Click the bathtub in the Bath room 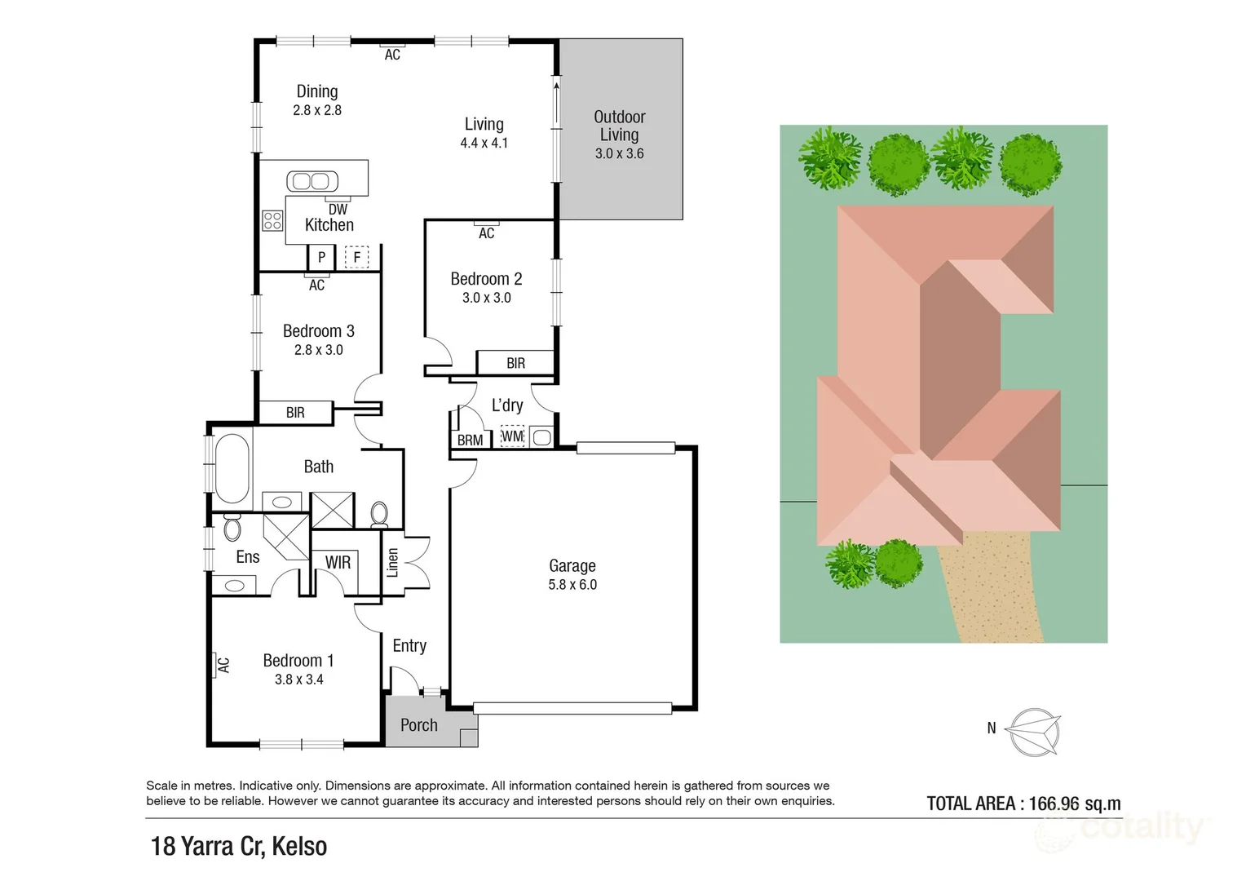pyautogui.click(x=232, y=469)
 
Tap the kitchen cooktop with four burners pyautogui.click(x=272, y=220)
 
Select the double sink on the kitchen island pyautogui.click(x=312, y=181)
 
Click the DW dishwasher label pyautogui.click(x=338, y=210)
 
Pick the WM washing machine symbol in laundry pyautogui.click(x=512, y=436)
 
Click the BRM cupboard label pyautogui.click(x=470, y=440)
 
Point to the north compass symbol pyautogui.click(x=1033, y=731)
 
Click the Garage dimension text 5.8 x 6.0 pyautogui.click(x=572, y=585)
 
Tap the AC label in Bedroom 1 pyautogui.click(x=223, y=666)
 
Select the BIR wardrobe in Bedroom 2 pyautogui.click(x=515, y=363)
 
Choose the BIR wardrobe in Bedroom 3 pyautogui.click(x=295, y=413)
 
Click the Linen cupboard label pyautogui.click(x=393, y=563)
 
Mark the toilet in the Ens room pyautogui.click(x=232, y=528)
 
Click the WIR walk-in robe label pyautogui.click(x=338, y=562)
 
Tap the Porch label pyautogui.click(x=419, y=725)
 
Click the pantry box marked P pyautogui.click(x=321, y=257)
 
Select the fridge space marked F pyautogui.click(x=356, y=257)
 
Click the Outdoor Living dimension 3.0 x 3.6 pyautogui.click(x=619, y=153)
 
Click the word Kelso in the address pyautogui.click(x=299, y=847)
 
